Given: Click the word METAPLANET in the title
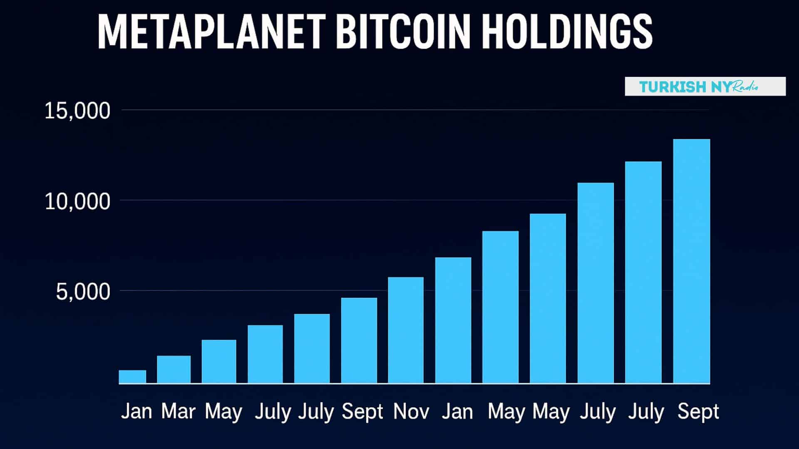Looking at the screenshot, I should [211, 32].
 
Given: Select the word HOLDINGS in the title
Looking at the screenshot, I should [568, 32].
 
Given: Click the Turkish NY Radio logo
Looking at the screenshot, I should [705, 86].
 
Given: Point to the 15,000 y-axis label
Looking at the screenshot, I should [77, 111].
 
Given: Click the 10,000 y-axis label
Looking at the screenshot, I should [77, 202].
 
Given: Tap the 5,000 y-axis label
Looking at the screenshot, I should [83, 292].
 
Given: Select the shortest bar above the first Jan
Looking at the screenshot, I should [132, 377].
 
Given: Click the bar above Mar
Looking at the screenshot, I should [174, 369].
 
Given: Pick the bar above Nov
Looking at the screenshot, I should [406, 330].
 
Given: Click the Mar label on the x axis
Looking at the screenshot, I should [178, 412].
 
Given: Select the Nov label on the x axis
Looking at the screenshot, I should [411, 412].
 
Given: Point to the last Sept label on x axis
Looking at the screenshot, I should [698, 412].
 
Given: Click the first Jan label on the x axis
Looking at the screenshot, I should [136, 412].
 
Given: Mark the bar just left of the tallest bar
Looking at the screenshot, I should [643, 272].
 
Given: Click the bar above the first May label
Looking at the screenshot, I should [219, 361].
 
